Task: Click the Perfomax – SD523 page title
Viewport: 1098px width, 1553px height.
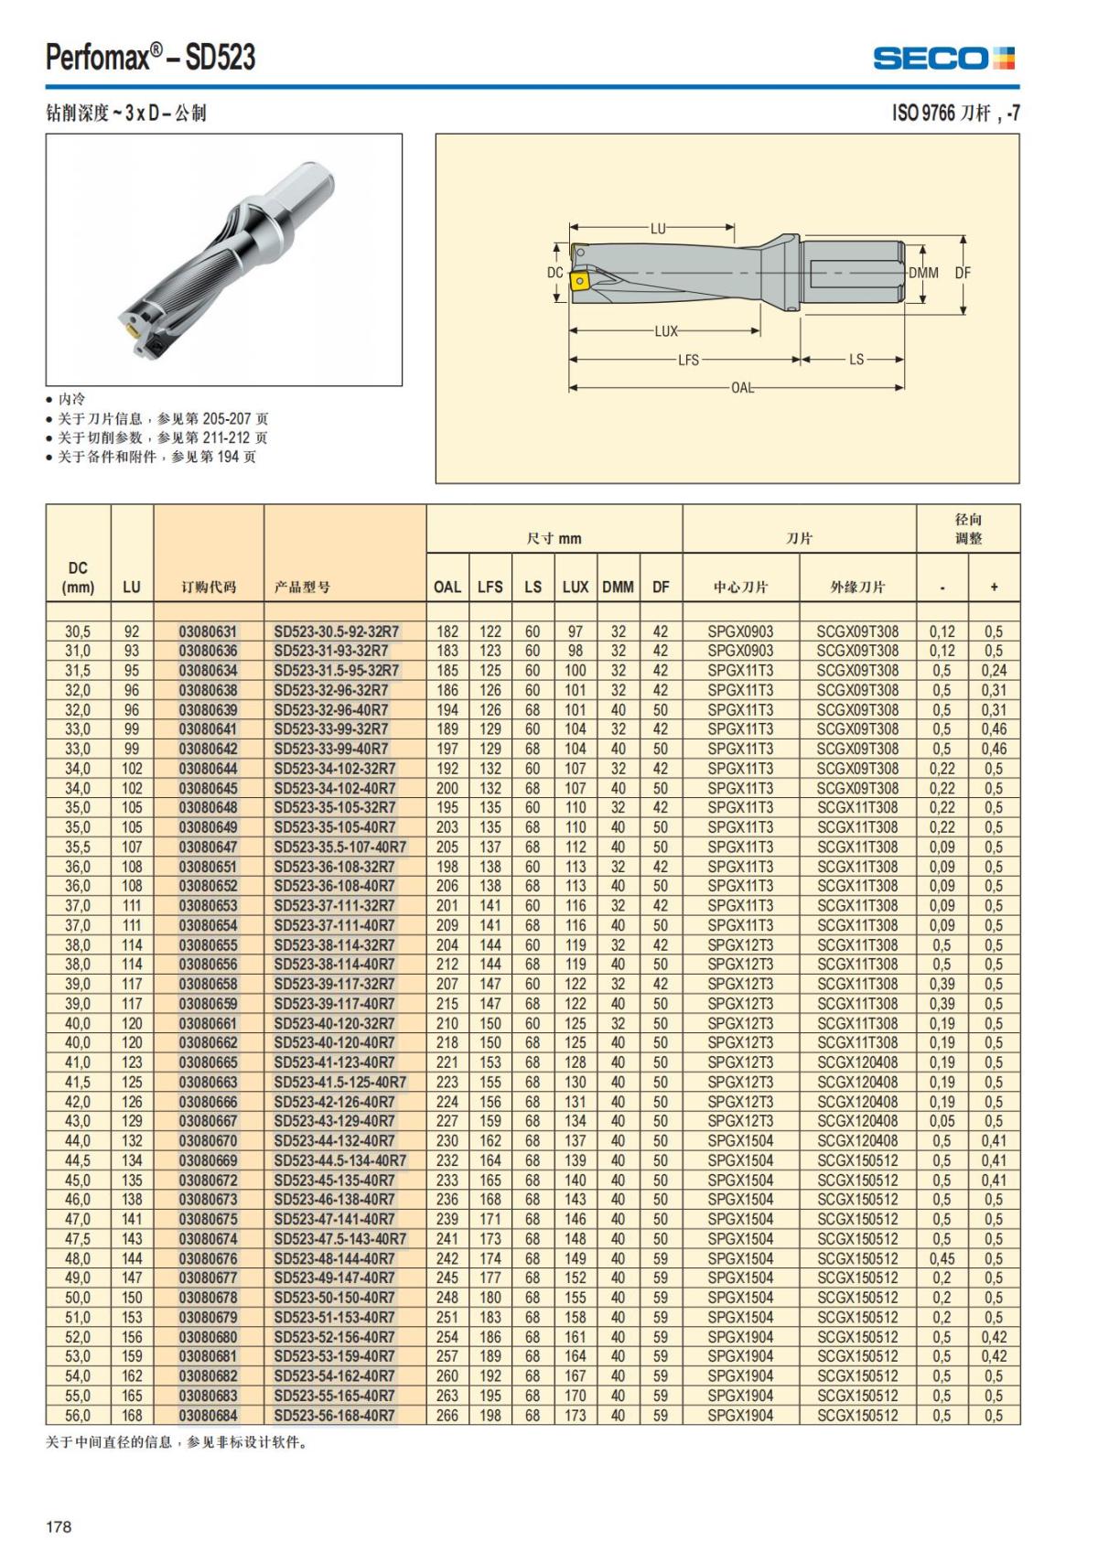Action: click(x=151, y=58)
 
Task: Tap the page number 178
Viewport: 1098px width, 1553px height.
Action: click(x=59, y=1526)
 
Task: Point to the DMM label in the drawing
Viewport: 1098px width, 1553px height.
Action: click(x=923, y=273)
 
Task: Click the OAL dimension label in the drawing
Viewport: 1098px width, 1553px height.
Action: click(x=742, y=388)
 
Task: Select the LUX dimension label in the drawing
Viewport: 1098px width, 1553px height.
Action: click(x=666, y=331)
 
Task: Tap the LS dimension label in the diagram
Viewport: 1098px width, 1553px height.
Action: click(x=856, y=360)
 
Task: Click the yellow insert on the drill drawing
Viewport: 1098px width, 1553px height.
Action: click(x=578, y=282)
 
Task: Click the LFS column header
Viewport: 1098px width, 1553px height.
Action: click(x=490, y=587)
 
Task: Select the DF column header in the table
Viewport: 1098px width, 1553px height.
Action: click(x=661, y=587)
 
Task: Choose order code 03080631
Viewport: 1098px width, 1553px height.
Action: click(x=208, y=631)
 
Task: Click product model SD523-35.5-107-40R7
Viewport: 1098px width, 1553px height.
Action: click(x=339, y=847)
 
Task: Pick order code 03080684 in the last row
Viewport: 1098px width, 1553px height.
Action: click(x=208, y=1416)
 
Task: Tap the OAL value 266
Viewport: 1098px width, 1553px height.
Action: click(x=447, y=1416)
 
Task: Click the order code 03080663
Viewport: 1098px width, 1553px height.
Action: click(x=208, y=1083)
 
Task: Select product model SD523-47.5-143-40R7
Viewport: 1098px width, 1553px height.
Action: click(x=339, y=1239)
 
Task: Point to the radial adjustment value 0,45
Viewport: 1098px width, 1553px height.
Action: click(x=942, y=1258)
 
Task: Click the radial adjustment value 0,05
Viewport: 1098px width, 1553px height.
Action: click(x=942, y=1121)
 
